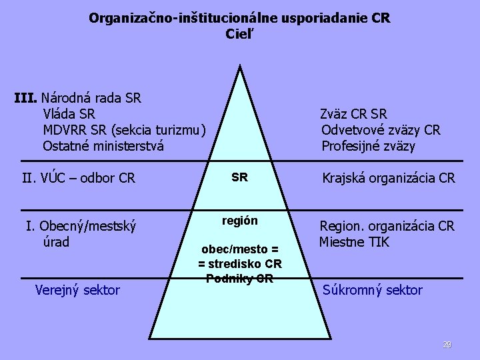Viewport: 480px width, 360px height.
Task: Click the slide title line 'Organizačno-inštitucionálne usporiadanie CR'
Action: [239, 18]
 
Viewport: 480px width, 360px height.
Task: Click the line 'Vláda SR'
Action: [69, 113]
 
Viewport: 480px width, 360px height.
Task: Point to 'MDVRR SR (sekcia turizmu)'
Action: [125, 129]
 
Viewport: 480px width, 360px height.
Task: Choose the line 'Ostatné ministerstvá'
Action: [103, 145]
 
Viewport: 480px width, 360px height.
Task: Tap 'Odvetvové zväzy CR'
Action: [381, 130]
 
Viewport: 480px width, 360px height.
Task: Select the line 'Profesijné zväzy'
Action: [368, 146]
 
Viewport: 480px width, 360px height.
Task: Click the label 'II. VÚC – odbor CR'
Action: [79, 178]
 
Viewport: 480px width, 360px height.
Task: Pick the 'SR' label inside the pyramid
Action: [239, 177]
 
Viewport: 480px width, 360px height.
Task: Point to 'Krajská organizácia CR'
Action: [389, 178]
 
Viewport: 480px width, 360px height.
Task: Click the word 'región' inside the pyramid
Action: [240, 221]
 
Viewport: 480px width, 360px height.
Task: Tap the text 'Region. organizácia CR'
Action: [387, 226]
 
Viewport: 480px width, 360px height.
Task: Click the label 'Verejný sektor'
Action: [77, 289]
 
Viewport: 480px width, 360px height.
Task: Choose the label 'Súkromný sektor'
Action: [372, 290]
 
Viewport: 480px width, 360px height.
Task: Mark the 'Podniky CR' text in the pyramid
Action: [240, 279]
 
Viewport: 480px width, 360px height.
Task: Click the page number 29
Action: [447, 345]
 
